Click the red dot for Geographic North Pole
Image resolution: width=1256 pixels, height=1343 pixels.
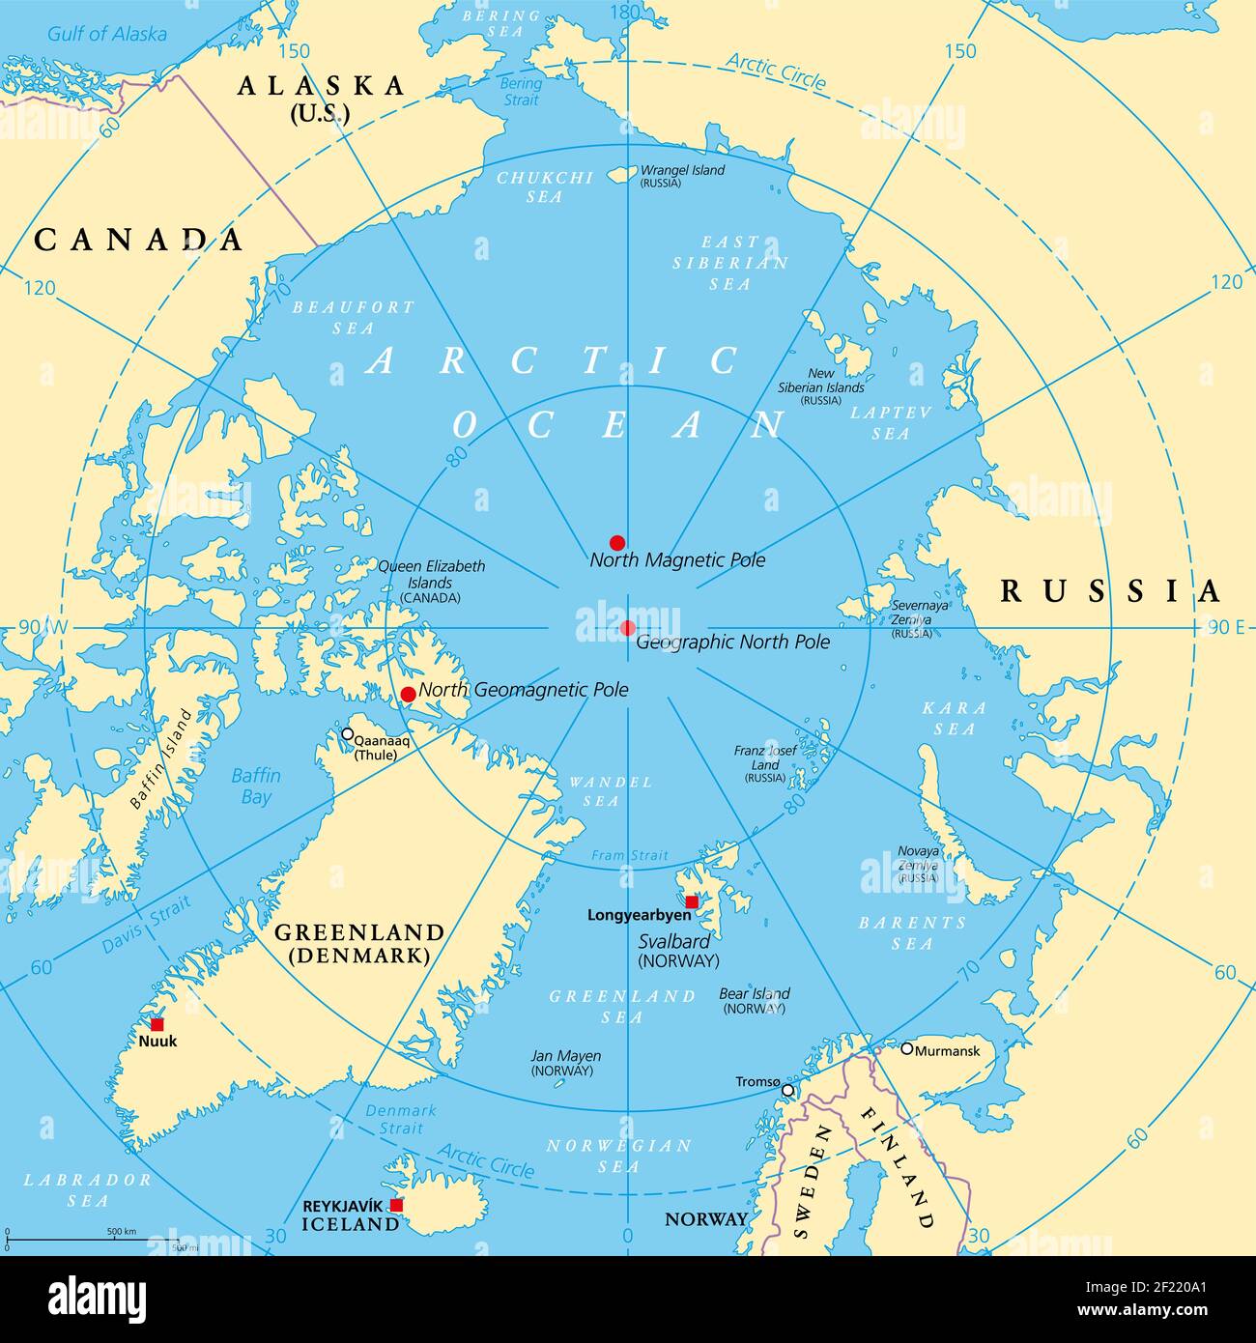point(628,628)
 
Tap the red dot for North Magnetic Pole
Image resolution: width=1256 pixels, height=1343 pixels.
point(617,543)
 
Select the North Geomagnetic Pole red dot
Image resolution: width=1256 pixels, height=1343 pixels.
point(408,694)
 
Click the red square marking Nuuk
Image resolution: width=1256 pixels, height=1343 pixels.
point(157,1024)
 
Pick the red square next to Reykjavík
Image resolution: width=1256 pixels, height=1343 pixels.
point(396,1205)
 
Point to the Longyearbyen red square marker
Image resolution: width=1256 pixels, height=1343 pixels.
point(692,901)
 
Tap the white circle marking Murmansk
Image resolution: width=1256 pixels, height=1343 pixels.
point(906,1048)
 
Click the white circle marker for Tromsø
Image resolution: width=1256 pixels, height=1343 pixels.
point(787,1090)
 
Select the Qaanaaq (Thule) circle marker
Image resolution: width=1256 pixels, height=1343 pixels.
point(347,734)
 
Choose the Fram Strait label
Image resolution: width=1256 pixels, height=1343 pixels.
point(629,855)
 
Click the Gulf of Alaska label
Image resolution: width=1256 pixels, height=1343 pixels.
point(107,34)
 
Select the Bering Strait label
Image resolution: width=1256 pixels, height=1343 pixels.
point(520,91)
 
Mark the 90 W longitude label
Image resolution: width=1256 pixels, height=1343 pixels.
point(43,627)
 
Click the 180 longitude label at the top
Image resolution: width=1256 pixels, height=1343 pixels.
point(628,12)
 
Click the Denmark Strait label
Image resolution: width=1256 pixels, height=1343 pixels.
point(400,1119)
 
